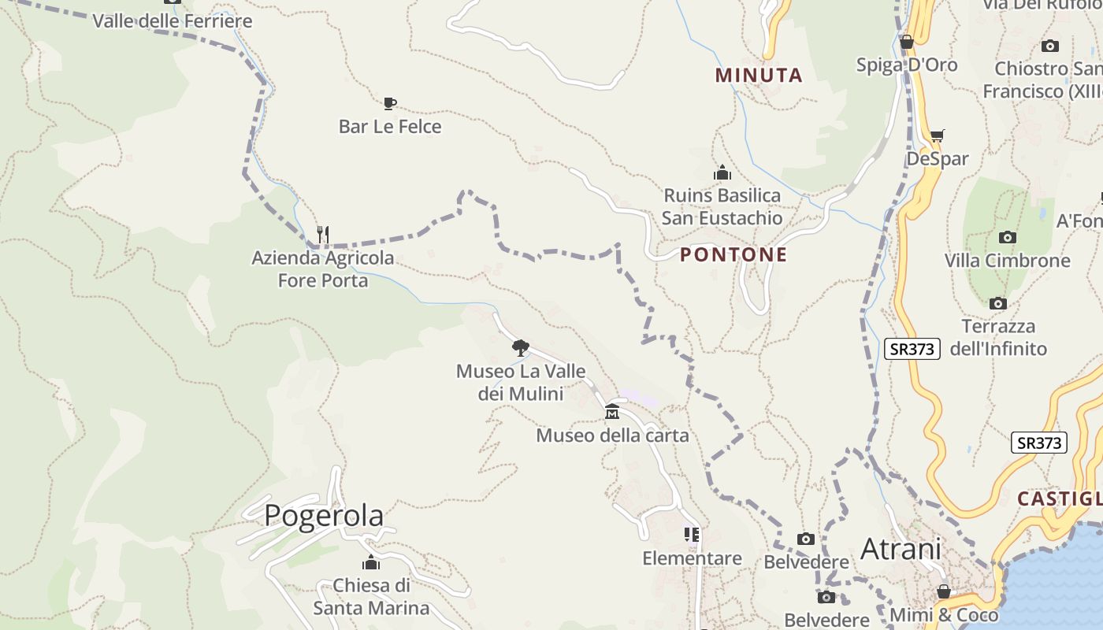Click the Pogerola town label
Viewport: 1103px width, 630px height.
click(x=324, y=516)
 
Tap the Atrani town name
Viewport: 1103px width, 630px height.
click(x=901, y=549)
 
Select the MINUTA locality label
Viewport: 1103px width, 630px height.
click(x=759, y=76)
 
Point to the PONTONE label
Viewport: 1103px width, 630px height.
click(x=733, y=254)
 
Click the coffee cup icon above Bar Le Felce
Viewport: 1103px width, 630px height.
click(x=389, y=103)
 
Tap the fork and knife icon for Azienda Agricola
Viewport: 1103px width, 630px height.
click(x=322, y=234)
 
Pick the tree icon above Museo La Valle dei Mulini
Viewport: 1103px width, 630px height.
click(x=520, y=347)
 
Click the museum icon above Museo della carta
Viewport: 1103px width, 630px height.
click(x=612, y=412)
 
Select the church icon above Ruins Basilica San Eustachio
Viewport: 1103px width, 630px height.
click(x=722, y=172)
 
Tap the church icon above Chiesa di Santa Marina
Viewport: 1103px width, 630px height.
click(x=371, y=562)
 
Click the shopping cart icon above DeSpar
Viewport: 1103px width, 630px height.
click(x=937, y=136)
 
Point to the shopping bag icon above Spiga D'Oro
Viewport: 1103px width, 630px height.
click(x=906, y=42)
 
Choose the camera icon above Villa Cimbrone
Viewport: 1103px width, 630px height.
click(x=1007, y=237)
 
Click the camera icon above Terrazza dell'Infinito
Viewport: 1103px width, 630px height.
click(x=998, y=303)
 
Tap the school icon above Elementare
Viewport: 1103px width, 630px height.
click(x=692, y=535)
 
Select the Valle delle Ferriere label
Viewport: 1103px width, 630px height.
click(x=173, y=21)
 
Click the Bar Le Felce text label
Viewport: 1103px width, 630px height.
click(x=390, y=127)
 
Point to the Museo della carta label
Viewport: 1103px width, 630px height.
click(x=612, y=435)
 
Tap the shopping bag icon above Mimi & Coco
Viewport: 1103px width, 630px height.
click(x=943, y=591)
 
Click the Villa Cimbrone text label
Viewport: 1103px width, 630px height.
click(x=1007, y=261)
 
